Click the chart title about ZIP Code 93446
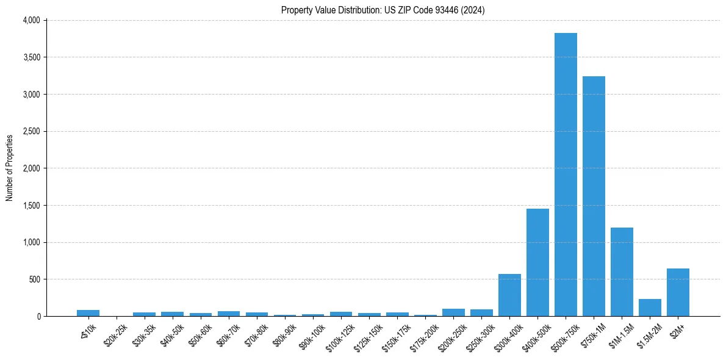tap(383, 10)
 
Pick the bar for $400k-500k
tap(537, 262)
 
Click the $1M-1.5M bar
tap(622, 272)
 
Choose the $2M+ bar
tap(678, 292)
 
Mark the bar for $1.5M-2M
tap(650, 308)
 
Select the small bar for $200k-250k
tap(453, 312)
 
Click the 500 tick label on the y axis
tap(35, 279)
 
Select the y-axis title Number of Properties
tap(10, 168)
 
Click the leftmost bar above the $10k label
tap(88, 313)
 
